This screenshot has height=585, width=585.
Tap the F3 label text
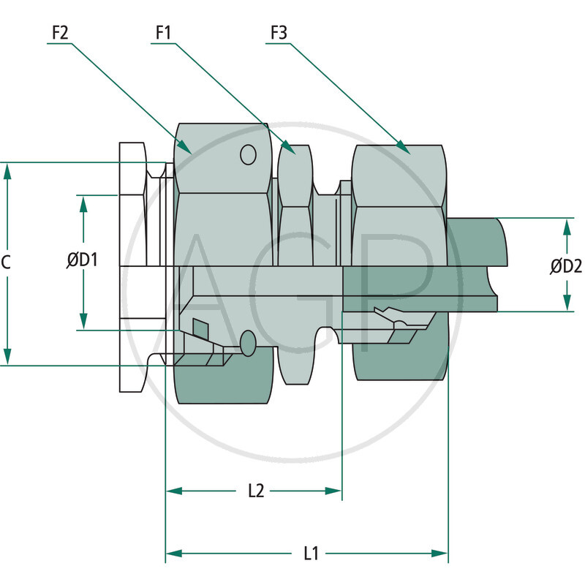(x=278, y=33)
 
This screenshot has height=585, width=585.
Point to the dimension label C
(x=6, y=263)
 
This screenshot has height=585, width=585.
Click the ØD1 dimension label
(x=83, y=260)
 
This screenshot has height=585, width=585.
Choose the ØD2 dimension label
(x=566, y=267)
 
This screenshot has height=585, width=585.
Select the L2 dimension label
(x=255, y=491)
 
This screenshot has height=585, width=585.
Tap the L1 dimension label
(x=311, y=554)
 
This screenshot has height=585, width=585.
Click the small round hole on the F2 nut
(x=249, y=155)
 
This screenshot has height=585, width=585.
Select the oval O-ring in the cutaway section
(x=249, y=342)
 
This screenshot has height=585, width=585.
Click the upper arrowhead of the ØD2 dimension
(x=567, y=226)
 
